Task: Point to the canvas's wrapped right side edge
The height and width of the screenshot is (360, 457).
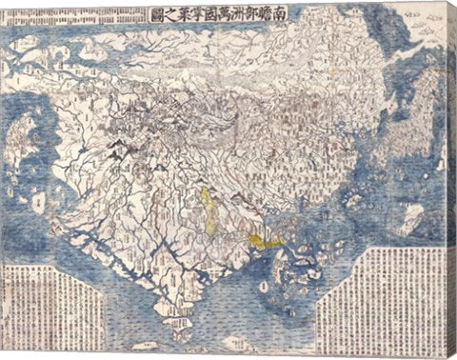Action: [452, 181]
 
